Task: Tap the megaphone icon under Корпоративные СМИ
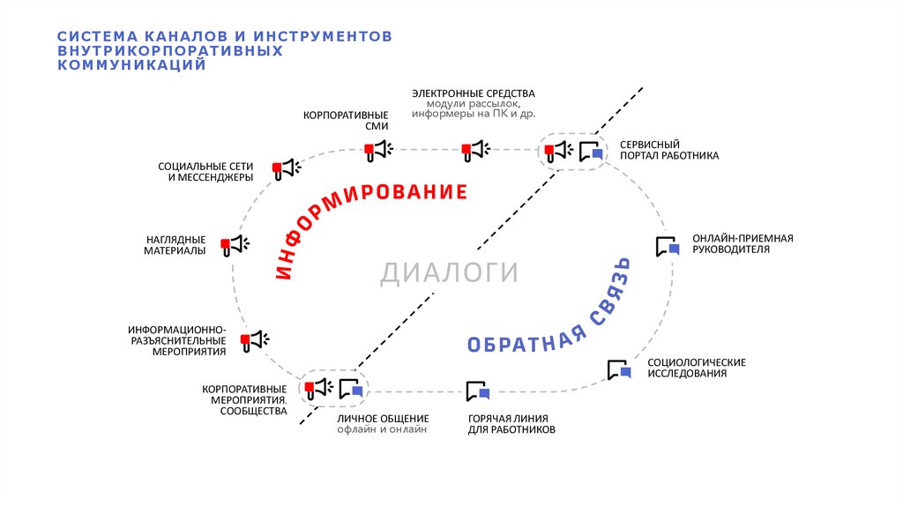click(x=378, y=151)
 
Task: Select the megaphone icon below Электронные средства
click(x=475, y=151)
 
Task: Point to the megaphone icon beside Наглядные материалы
click(x=235, y=245)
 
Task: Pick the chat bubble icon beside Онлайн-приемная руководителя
click(x=668, y=247)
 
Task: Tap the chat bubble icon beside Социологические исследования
click(x=619, y=369)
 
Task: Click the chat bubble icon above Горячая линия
click(x=477, y=391)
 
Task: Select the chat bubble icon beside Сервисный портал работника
click(x=591, y=151)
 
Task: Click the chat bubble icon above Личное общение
click(x=351, y=388)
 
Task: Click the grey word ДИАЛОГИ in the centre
click(x=449, y=273)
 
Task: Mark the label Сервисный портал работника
click(x=668, y=149)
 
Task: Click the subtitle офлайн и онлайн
click(x=382, y=429)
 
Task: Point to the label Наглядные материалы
click(x=175, y=245)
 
